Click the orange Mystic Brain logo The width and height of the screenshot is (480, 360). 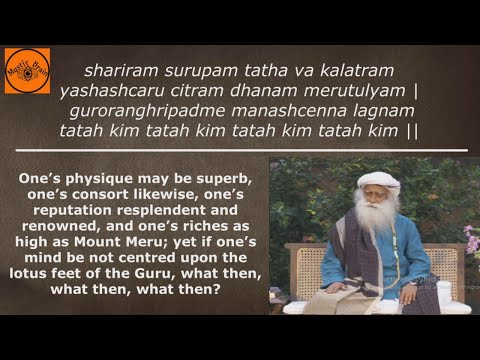(x=27, y=70)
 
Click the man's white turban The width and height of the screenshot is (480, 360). (x=378, y=182)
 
